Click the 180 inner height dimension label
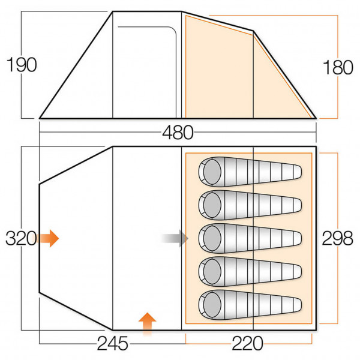coord(338,67)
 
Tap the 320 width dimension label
coord(20,238)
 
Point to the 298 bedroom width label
coord(337,238)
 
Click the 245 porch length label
coord(113,344)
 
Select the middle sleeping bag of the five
coord(249,239)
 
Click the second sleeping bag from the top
coord(249,206)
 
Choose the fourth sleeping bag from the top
coord(249,272)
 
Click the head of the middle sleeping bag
coord(211,239)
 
